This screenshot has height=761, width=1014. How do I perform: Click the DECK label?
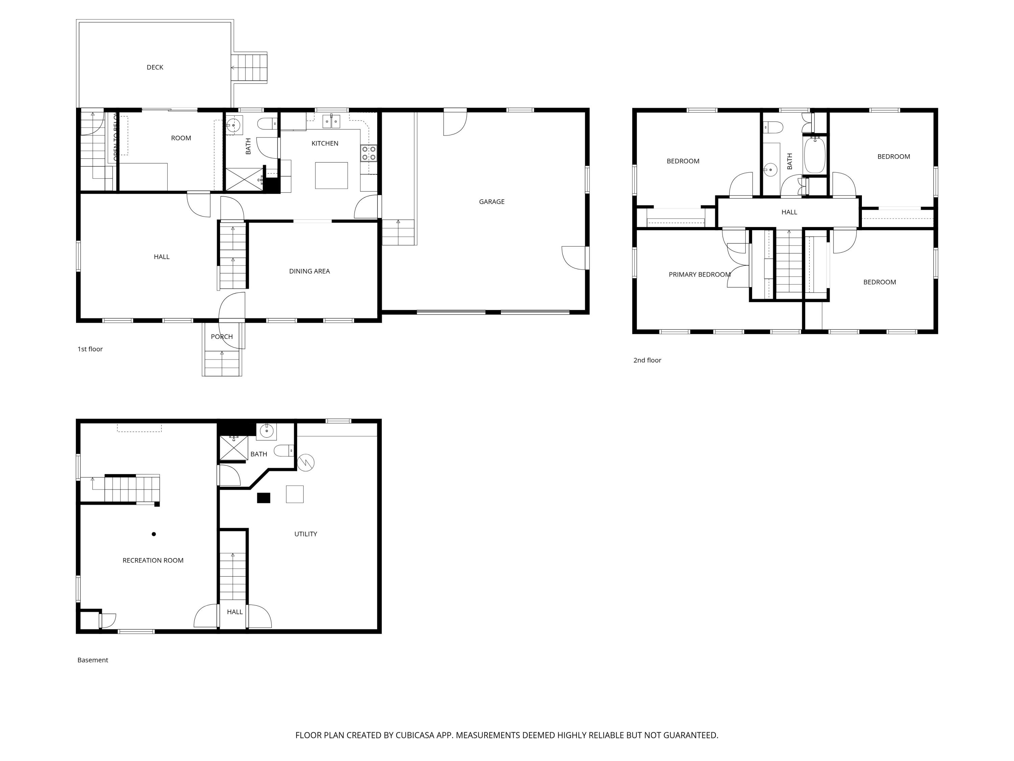pos(155,67)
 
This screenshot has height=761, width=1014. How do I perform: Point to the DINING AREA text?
pos(309,271)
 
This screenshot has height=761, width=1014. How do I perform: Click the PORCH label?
pos(222,337)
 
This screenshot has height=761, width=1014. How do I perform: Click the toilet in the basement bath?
pos(283,451)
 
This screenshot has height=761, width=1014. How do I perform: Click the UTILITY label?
pos(305,534)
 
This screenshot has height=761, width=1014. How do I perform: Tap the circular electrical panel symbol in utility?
pos(306,462)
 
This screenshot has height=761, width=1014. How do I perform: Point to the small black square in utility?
pos(264,498)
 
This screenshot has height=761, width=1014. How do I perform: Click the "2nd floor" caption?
pos(647,361)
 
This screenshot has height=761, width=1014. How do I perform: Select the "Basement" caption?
pos(93,660)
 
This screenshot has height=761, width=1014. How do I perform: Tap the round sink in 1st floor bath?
pos(234,124)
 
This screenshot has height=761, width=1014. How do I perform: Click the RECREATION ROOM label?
pos(153,560)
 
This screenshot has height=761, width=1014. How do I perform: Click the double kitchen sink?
pos(332,121)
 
